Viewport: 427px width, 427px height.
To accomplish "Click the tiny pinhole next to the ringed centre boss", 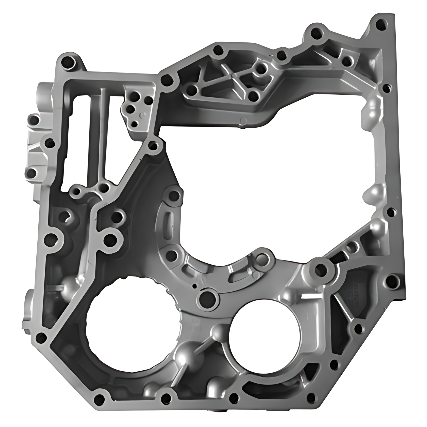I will point(194,286).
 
